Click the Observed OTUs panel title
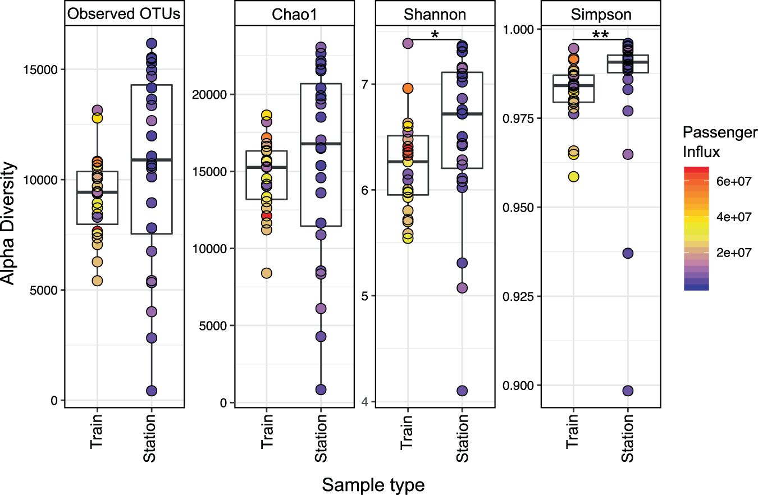pyautogui.click(x=124, y=15)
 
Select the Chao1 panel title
pyautogui.click(x=294, y=16)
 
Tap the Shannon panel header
pyautogui.click(x=435, y=15)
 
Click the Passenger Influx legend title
pyautogui.click(x=720, y=141)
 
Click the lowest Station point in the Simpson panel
pyautogui.click(x=628, y=391)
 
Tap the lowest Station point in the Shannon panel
pyautogui.click(x=462, y=391)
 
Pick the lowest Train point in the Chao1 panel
pyautogui.click(x=266, y=273)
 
